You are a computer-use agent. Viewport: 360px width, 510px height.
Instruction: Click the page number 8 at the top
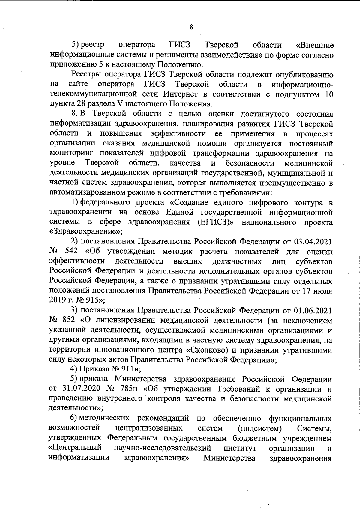coord(191,27)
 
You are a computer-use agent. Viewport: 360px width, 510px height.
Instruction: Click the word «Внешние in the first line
coord(314,46)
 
